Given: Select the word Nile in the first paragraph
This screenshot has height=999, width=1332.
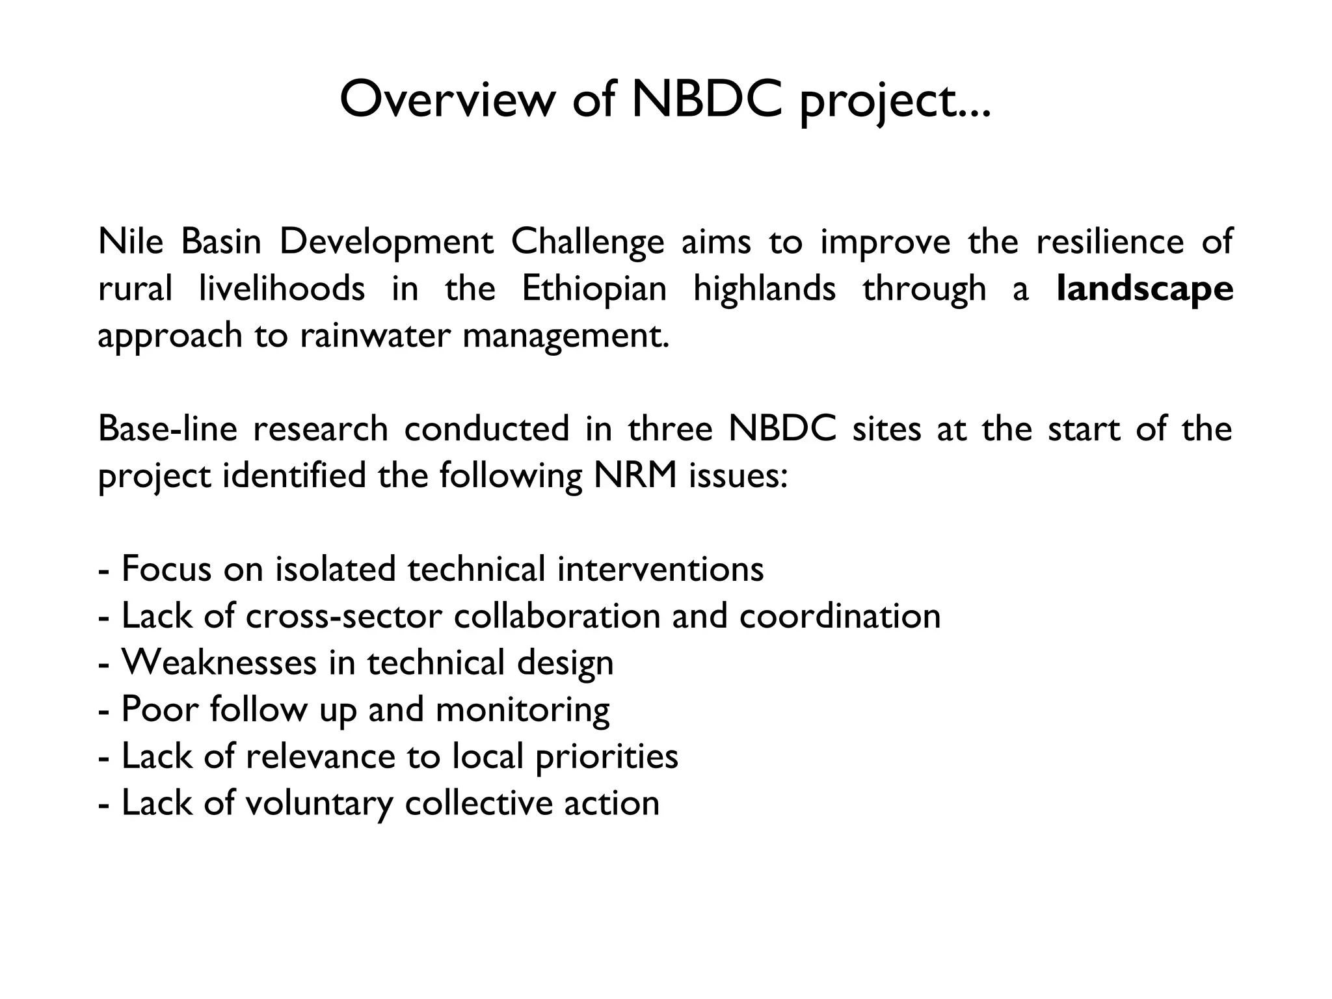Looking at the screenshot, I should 131,241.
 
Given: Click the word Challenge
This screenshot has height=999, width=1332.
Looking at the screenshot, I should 587,243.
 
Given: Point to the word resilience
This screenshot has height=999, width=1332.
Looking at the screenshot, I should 1110,241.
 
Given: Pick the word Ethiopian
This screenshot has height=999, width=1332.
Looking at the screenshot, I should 594,289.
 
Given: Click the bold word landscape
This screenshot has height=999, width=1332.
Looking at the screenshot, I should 1145,289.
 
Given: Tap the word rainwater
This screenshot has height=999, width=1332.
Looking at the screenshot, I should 375,336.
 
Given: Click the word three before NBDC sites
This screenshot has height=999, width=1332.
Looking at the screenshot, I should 671,429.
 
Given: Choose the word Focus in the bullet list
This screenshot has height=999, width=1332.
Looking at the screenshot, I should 167,569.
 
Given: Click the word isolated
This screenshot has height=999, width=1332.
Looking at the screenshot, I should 336,569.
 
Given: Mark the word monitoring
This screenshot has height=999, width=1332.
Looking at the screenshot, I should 522,710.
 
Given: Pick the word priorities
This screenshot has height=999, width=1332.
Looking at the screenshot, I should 607,757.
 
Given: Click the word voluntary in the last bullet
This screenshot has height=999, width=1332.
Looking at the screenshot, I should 319,803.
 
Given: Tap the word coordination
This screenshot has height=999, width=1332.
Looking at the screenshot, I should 840,616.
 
